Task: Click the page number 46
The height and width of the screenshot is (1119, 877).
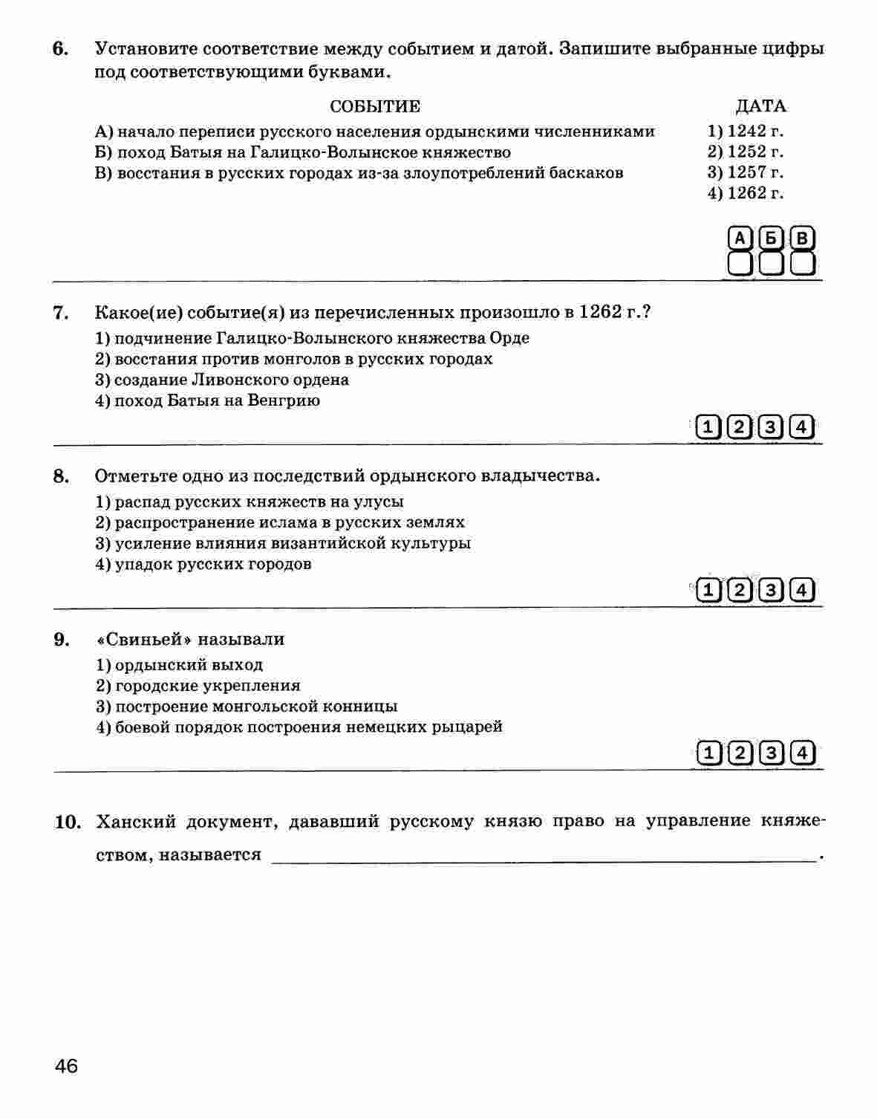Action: pyautogui.click(x=65, y=1066)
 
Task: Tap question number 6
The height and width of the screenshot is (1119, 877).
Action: pyautogui.click(x=61, y=50)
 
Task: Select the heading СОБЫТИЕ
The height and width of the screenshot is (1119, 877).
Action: pyautogui.click(x=374, y=106)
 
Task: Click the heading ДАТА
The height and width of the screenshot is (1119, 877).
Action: pyautogui.click(x=760, y=106)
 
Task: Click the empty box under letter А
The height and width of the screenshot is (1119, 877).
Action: pyautogui.click(x=740, y=264)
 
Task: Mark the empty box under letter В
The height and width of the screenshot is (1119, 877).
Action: pyautogui.click(x=802, y=264)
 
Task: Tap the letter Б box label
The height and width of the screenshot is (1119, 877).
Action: pyautogui.click(x=771, y=239)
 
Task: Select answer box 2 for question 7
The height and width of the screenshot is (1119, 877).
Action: pyautogui.click(x=740, y=427)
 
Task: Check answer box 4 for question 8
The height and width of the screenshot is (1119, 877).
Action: pyautogui.click(x=801, y=591)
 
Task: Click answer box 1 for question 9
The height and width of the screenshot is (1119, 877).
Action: pyautogui.click(x=708, y=753)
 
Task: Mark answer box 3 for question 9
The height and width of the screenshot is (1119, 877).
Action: pyautogui.click(x=771, y=753)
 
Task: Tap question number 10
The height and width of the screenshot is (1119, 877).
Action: pyautogui.click(x=67, y=822)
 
